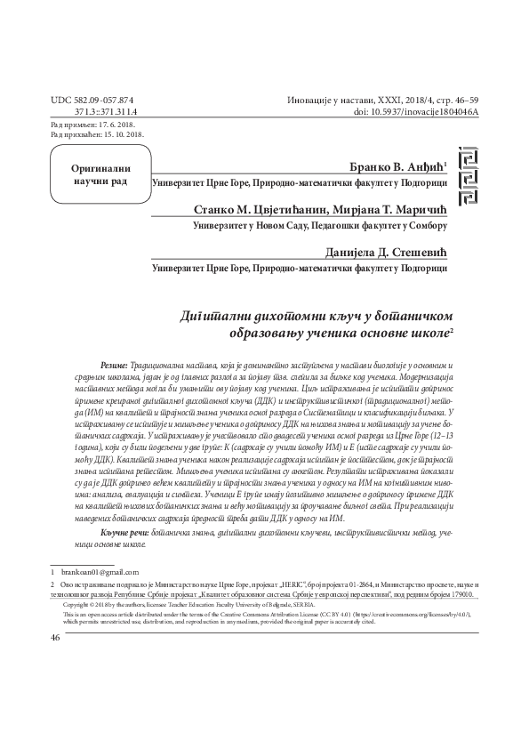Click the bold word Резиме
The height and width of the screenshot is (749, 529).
tap(114, 366)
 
